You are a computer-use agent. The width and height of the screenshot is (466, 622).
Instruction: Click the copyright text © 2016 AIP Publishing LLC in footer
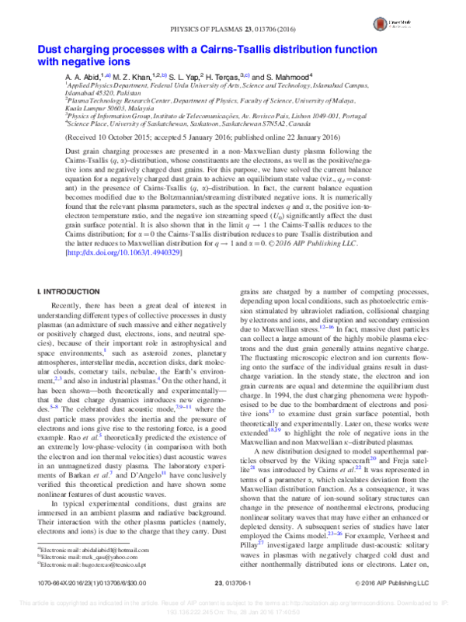click(396, 581)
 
